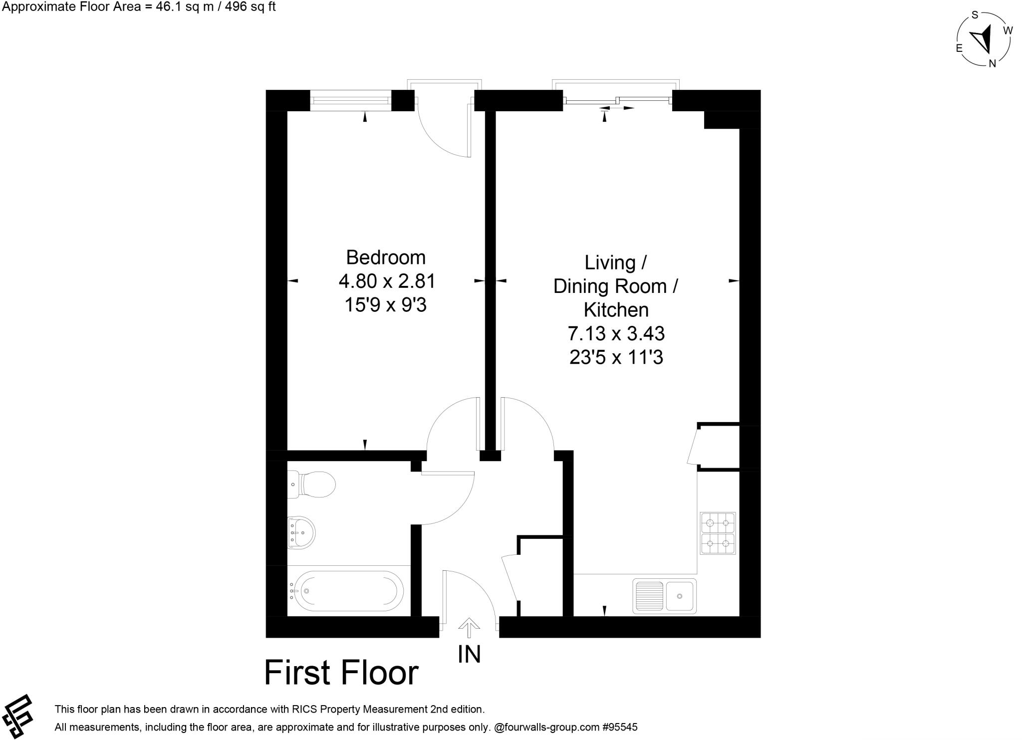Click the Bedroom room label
pos(386,257)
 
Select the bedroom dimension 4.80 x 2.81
pos(387,281)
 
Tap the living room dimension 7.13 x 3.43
pos(616,333)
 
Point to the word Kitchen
pos(616,310)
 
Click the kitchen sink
pos(664,596)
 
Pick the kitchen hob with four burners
pos(718,533)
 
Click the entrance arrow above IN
pos(469,628)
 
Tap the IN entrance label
pos(469,654)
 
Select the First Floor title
pos(341,673)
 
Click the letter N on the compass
pos(993,63)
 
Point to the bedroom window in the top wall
pos(350,100)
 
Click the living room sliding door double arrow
pos(617,108)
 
